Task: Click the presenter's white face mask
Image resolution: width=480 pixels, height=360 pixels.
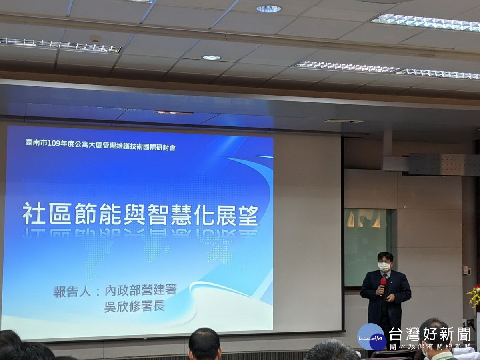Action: (384, 267)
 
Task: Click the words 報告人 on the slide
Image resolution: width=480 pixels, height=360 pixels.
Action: (72, 291)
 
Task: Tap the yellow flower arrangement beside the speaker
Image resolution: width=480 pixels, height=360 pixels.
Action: (474, 296)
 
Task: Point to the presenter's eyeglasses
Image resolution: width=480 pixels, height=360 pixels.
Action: (384, 262)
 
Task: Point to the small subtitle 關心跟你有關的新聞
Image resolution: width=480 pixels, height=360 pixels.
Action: (430, 346)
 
